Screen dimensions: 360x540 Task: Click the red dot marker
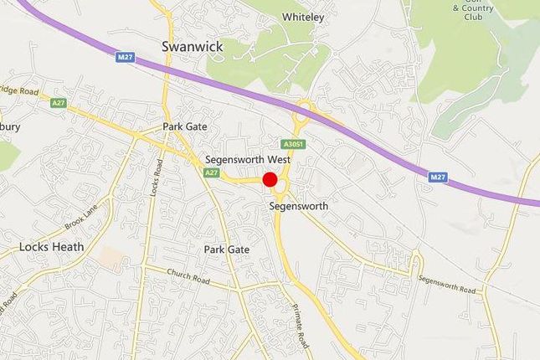coord(270,179)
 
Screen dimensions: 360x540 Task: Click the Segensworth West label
coord(248,159)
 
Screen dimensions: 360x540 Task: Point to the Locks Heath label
coord(51,247)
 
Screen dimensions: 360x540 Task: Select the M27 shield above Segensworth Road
coord(437,177)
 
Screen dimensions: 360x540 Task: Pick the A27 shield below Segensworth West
coord(212,172)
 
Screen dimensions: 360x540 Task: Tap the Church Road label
coord(188,277)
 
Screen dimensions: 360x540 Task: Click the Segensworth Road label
coord(447,285)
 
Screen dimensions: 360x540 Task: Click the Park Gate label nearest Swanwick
coord(185,127)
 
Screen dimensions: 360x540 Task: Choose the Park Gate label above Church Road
coord(227,249)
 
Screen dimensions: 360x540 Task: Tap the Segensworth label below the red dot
coord(299,205)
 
